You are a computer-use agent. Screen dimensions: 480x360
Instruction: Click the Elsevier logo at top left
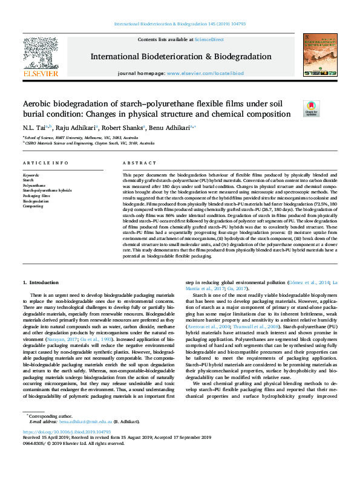point(41,57)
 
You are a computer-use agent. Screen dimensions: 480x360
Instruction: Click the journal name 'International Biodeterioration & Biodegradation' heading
point(179,56)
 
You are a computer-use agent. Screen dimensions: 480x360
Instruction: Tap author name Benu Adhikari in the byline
point(172,128)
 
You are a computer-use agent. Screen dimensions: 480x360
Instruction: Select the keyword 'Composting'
point(34,206)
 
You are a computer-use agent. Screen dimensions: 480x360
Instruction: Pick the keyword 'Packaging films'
point(36,196)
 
